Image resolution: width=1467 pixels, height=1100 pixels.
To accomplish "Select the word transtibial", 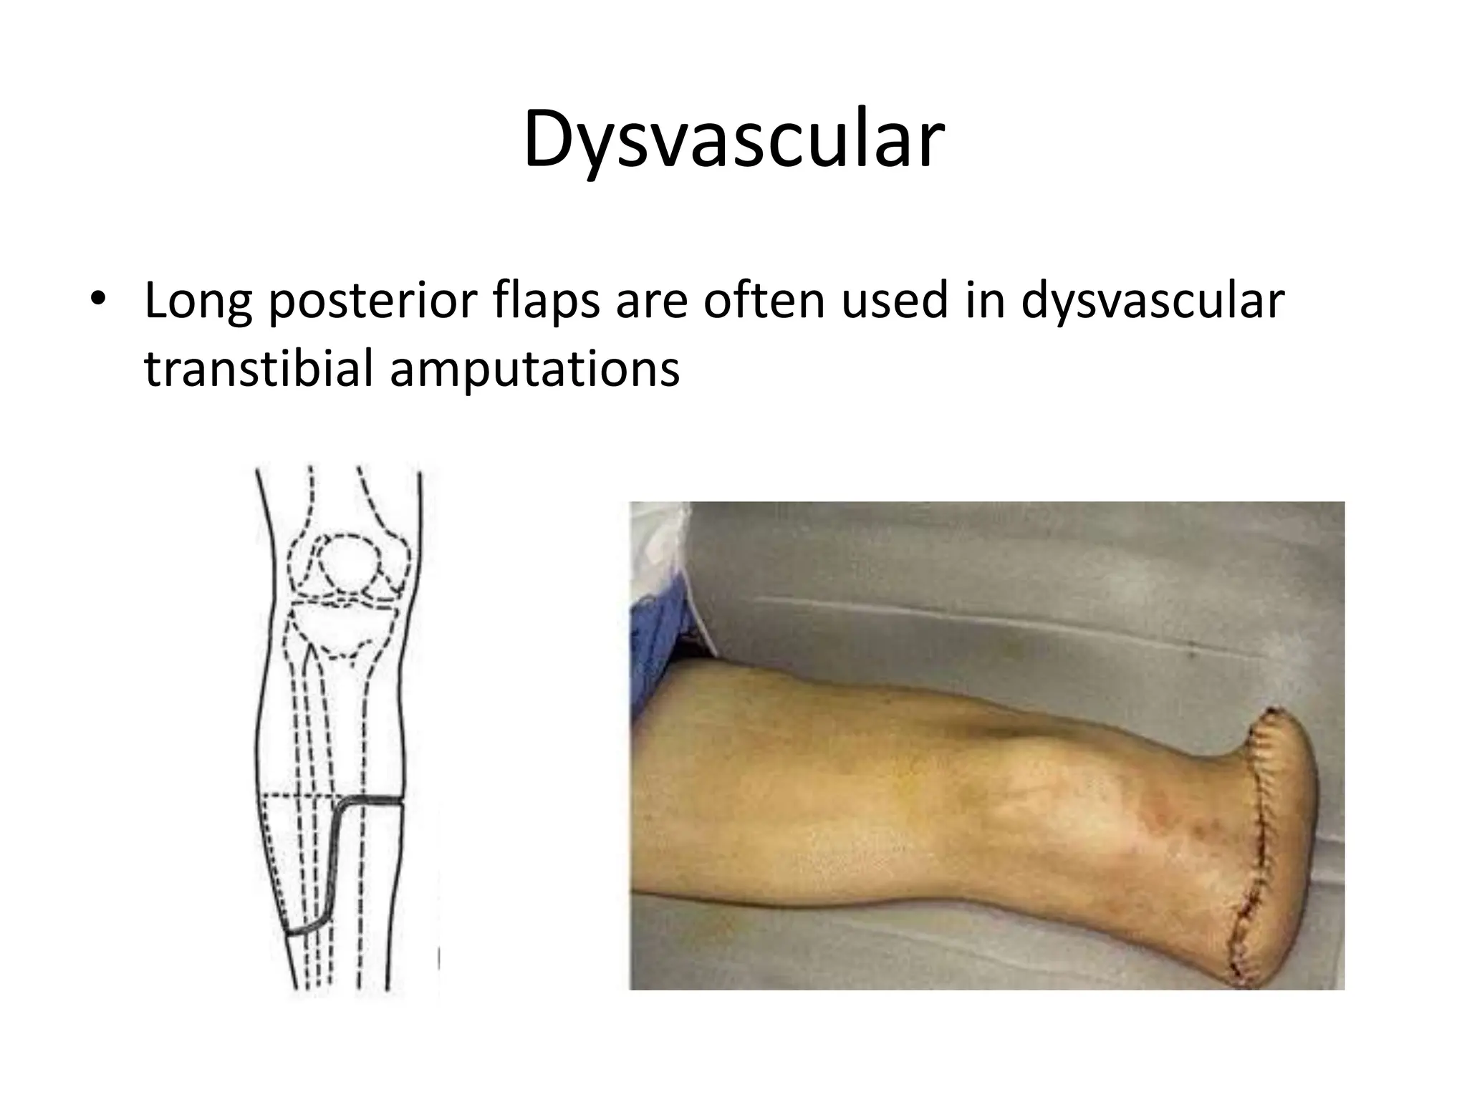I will (258, 370).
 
